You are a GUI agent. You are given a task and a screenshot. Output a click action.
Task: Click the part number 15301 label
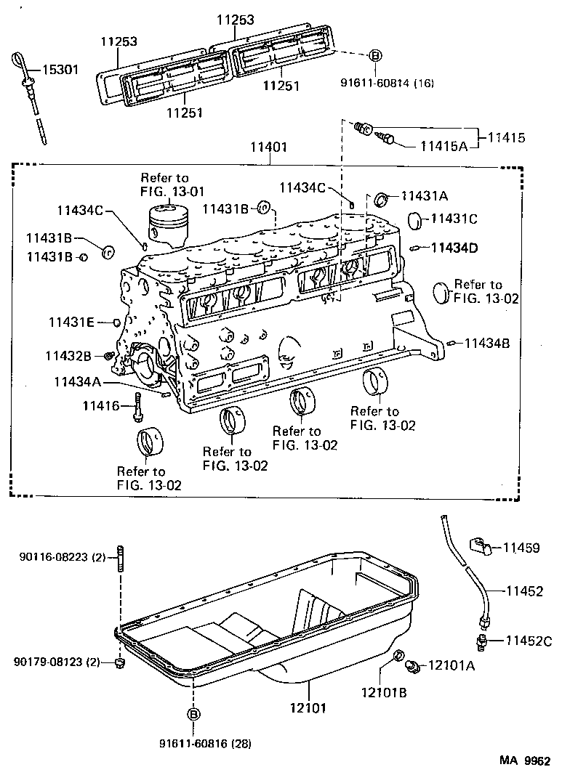60,70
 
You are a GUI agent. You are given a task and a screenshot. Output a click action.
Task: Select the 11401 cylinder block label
269,147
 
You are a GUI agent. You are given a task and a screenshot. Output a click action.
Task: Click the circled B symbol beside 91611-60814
374,56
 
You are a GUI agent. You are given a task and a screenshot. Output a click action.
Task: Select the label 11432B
68,355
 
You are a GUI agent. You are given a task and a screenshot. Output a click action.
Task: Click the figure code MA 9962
524,761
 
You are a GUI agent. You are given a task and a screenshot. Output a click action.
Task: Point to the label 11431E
72,321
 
